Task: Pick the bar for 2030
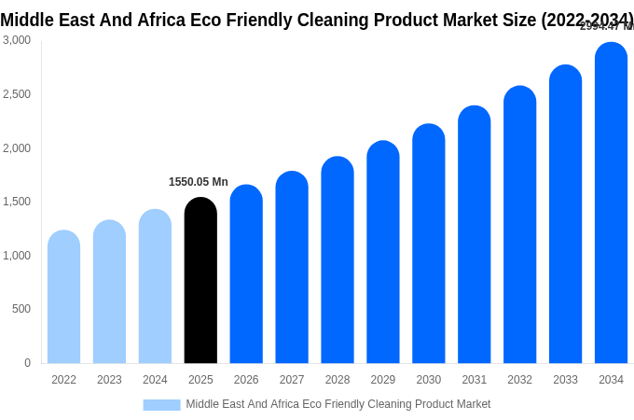(429, 244)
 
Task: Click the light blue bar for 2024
(155, 287)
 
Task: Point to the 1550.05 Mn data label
(198, 182)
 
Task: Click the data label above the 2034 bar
(606, 26)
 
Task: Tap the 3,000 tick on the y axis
(17, 40)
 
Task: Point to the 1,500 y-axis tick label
(17, 202)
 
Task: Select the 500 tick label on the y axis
(21, 309)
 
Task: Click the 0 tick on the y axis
(27, 363)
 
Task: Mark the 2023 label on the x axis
(109, 380)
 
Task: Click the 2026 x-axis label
(246, 380)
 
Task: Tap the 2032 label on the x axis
(519, 380)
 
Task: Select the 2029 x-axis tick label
(382, 380)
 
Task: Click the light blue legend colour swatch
(161, 405)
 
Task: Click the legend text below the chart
(338, 404)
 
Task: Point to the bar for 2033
(565, 214)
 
